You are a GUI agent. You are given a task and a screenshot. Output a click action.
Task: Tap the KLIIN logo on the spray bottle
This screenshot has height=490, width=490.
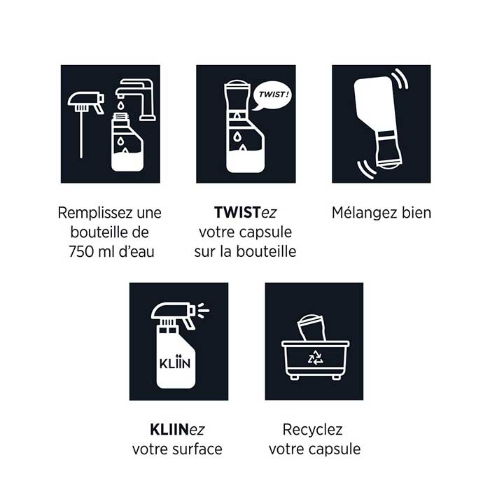(176, 365)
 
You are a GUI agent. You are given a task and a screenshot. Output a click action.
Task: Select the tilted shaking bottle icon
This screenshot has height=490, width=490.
(380, 122)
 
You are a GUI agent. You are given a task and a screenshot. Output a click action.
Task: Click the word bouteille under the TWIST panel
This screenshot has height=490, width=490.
(267, 251)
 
